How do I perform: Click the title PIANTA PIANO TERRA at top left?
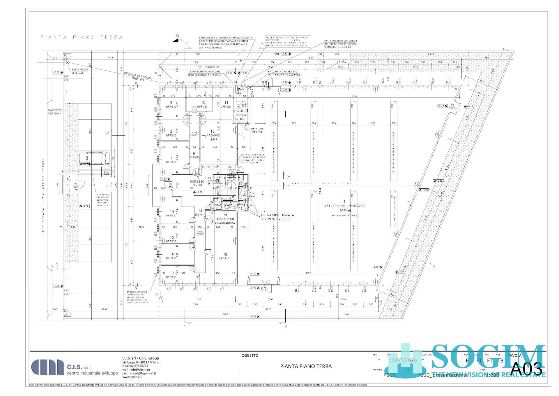click(x=82, y=37)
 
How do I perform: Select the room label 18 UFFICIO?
click(x=224, y=256)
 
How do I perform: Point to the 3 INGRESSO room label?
click(x=197, y=181)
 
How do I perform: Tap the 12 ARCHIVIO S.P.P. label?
click(x=213, y=135)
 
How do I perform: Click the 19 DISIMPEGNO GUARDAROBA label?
click(x=225, y=219)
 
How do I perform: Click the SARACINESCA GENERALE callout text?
click(x=78, y=71)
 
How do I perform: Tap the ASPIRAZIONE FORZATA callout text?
click(x=277, y=217)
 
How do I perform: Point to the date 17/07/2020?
click(x=403, y=360)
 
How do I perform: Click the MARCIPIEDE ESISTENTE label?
click(x=55, y=112)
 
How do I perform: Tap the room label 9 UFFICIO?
click(x=171, y=105)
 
